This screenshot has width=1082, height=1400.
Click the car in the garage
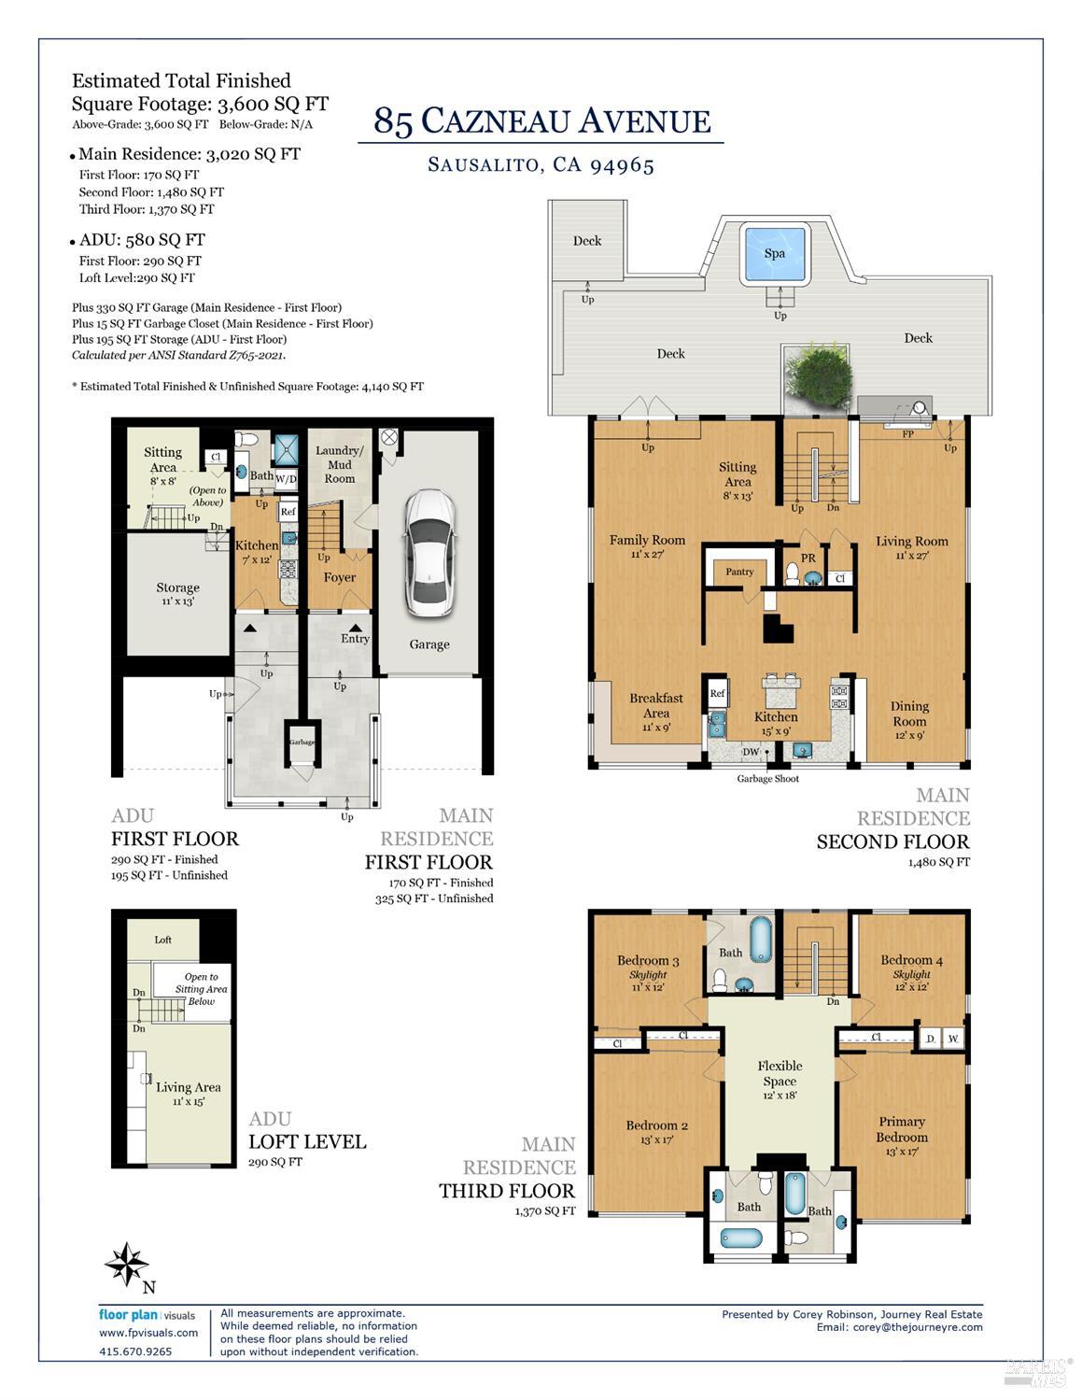429,554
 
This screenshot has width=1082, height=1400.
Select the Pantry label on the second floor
739,572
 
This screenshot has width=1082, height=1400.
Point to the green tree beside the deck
819,377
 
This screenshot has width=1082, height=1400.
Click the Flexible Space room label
780,1073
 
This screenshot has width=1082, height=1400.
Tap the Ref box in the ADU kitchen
288,512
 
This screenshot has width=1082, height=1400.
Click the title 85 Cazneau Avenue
541,121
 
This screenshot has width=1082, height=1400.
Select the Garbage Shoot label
767,779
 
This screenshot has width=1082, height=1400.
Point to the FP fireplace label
907,434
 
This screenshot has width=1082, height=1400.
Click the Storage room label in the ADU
177,587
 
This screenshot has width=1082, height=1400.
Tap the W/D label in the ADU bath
286,479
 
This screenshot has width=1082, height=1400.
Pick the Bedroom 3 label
648,961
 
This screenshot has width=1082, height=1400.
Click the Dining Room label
909,714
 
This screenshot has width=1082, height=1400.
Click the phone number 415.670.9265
135,1351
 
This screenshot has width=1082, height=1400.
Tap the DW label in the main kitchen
751,752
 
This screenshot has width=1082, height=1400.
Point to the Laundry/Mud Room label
340,464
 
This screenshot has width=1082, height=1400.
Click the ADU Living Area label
188,1087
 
